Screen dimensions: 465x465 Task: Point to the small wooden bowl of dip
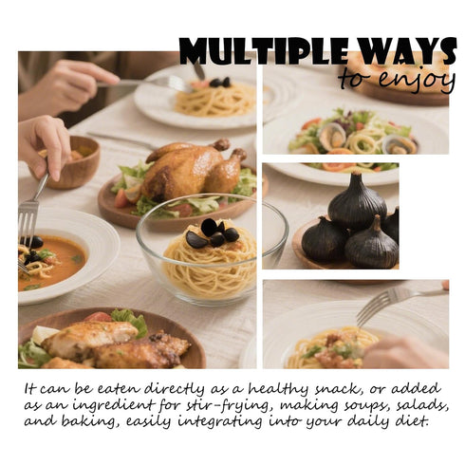[x=75, y=162]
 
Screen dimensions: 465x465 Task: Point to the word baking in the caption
[x=89, y=422]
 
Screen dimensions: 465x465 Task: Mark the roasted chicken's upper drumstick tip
[x=221, y=144]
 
